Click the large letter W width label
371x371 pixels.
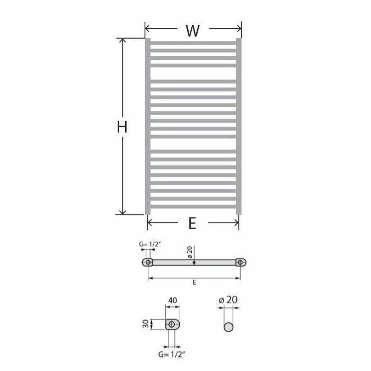pos(192,31)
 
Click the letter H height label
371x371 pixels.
pos(122,127)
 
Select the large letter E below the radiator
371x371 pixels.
pos(192,223)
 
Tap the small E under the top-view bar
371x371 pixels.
pos(195,282)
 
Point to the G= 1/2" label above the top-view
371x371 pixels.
pos(150,244)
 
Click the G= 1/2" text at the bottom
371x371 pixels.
pos(172,355)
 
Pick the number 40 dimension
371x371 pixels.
pos(172,301)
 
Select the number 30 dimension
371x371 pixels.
pos(146,324)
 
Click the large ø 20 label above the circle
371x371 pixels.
pos(228,300)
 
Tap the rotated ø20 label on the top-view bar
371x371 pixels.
pos(190,252)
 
